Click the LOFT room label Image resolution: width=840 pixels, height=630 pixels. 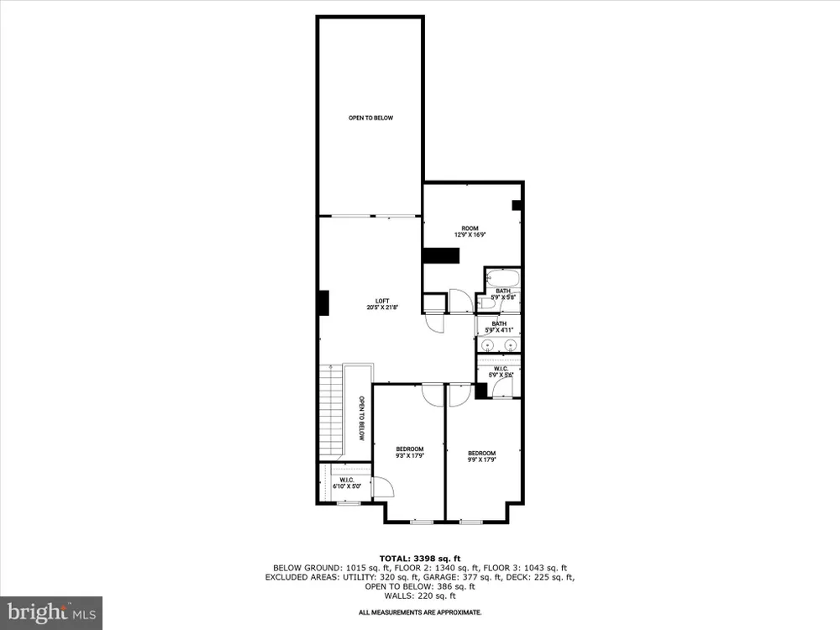(382, 304)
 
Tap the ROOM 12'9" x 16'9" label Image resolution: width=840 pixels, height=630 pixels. (470, 232)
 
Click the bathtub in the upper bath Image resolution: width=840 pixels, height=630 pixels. (503, 279)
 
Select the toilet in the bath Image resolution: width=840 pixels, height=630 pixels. (486, 304)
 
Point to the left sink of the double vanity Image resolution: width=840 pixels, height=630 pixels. (487, 344)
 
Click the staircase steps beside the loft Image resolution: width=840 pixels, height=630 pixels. (330, 409)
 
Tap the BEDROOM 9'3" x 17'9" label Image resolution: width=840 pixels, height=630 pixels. (410, 453)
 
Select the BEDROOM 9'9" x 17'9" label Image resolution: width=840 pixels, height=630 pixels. (481, 456)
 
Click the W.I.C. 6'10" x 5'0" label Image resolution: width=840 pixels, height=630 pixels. (347, 483)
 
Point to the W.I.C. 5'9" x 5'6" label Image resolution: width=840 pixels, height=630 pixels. (501, 372)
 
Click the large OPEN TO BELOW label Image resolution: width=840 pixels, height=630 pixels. (370, 118)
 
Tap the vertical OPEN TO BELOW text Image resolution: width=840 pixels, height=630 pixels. (361, 418)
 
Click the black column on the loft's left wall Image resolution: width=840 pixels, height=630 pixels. (323, 303)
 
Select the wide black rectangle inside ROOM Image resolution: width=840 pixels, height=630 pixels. (441, 255)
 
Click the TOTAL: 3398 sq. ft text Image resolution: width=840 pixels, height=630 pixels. (420, 559)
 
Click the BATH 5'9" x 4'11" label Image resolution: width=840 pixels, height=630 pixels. (499, 328)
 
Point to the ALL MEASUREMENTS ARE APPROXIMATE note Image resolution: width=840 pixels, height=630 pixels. (420, 612)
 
